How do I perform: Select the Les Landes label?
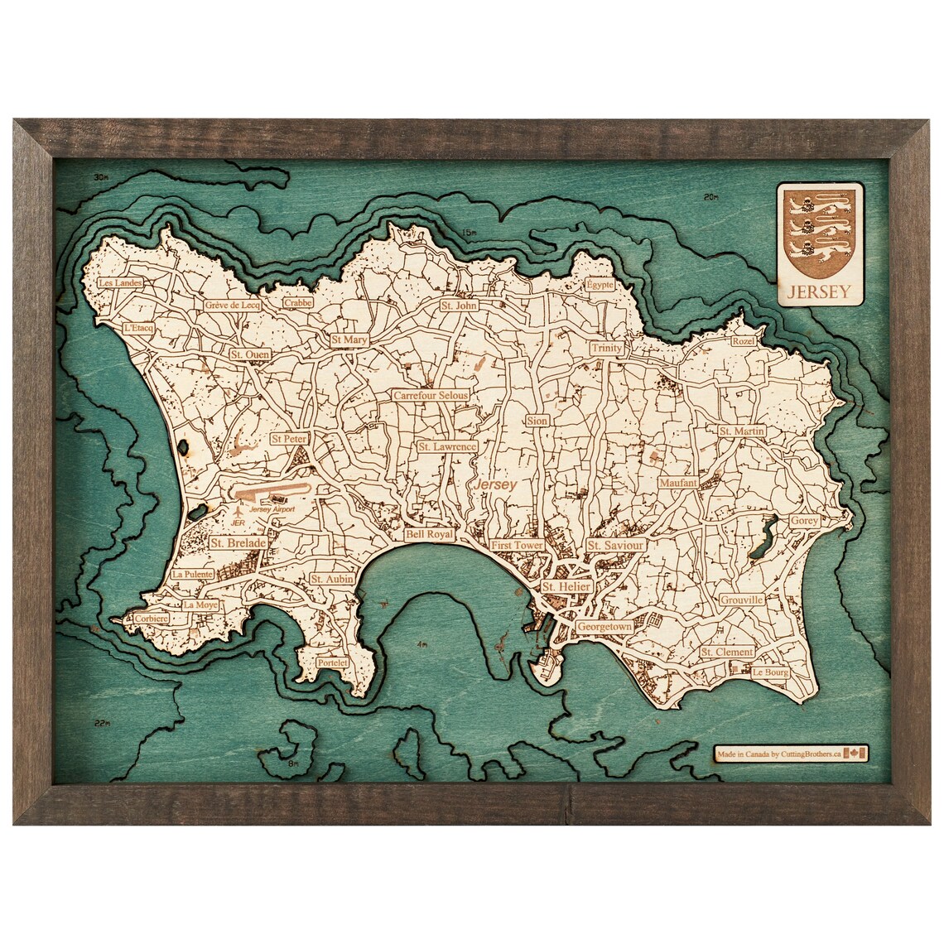[120, 282]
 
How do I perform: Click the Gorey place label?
[803, 521]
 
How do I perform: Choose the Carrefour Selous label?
[431, 396]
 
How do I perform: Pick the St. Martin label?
[741, 431]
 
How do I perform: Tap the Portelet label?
[333, 663]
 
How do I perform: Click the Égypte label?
[599, 284]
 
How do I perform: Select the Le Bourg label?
[768, 673]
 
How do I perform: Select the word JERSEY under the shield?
[820, 291]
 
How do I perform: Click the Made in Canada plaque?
[791, 753]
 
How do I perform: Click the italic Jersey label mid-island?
[494, 484]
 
